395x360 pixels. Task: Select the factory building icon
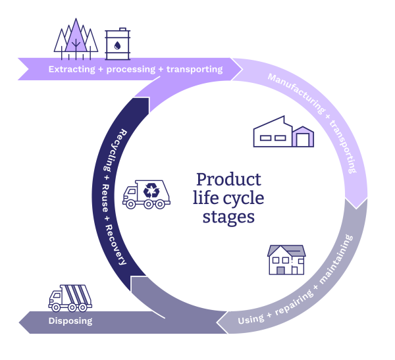point(284,132)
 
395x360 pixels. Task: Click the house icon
point(286,260)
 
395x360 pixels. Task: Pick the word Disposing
point(70,322)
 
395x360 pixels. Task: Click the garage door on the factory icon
point(303,139)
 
